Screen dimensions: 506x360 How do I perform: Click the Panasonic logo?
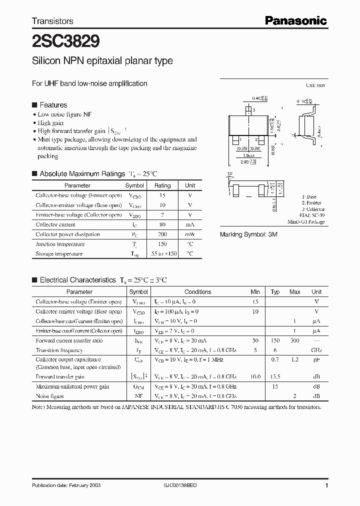295,20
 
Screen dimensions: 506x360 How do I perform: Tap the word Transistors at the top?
52,21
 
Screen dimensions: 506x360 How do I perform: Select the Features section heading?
53,105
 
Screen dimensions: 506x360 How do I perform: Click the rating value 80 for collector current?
162,224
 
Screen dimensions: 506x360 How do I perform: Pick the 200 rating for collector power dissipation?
162,234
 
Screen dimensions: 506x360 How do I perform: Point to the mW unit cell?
190,234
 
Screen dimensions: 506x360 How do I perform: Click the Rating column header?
162,185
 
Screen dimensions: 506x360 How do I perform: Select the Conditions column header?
197,292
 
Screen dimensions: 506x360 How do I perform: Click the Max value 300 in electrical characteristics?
295,340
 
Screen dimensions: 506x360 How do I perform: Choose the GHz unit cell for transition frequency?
316,350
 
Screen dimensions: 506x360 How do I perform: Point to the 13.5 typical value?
275,376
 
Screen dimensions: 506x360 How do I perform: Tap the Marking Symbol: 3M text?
248,234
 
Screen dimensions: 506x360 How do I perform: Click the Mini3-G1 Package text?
306,221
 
